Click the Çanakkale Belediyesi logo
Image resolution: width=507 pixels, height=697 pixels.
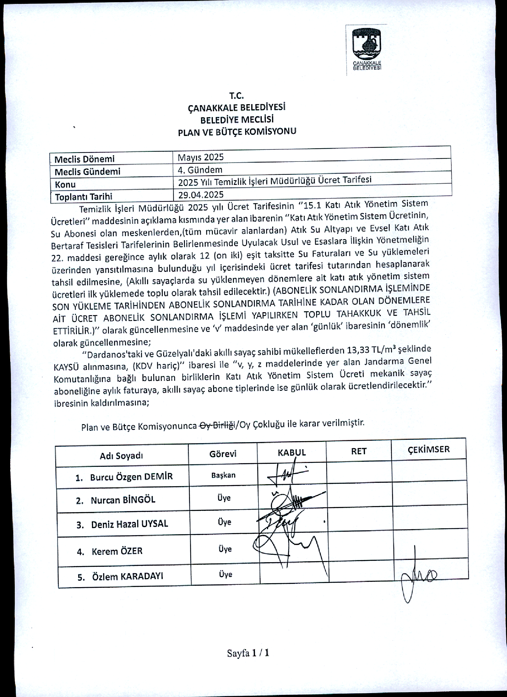pyautogui.click(x=367, y=49)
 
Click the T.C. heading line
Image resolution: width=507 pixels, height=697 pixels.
pyautogui.click(x=236, y=96)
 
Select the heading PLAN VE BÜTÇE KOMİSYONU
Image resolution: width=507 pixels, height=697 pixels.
pyautogui.click(x=237, y=132)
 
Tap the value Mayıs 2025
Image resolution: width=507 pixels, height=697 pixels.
pyautogui.click(x=201, y=157)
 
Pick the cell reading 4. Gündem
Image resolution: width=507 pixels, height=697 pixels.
pyautogui.click(x=200, y=170)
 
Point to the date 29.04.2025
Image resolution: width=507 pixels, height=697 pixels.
pyautogui.click(x=201, y=195)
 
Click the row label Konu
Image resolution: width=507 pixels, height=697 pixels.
pyautogui.click(x=65, y=184)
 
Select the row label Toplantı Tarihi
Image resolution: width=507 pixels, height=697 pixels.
pyautogui.click(x=83, y=197)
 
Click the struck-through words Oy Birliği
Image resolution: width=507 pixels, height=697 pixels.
pyautogui.click(x=217, y=425)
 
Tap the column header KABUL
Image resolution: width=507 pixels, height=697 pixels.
pyautogui.click(x=291, y=452)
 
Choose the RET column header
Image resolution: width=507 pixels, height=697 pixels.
pyautogui.click(x=359, y=451)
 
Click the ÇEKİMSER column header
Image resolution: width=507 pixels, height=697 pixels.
pyautogui.click(x=428, y=449)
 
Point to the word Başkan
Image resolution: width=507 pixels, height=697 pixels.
pyautogui.click(x=223, y=475)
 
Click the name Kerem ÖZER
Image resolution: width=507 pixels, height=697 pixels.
pyautogui.click(x=117, y=551)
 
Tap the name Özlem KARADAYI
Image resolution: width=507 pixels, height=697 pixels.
pyautogui.click(x=128, y=577)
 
